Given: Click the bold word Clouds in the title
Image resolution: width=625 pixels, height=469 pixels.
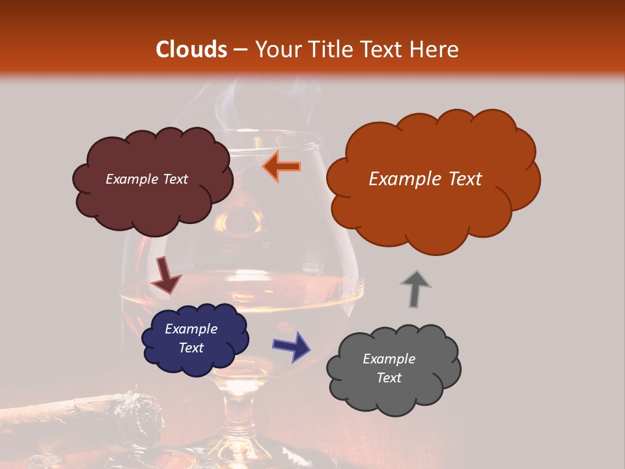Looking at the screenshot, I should [191, 50].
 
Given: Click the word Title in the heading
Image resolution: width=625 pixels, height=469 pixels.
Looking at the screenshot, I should [328, 50].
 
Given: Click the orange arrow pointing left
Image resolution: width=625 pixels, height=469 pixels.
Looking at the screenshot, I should [281, 166].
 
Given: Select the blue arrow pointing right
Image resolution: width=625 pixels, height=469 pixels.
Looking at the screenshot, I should [292, 346].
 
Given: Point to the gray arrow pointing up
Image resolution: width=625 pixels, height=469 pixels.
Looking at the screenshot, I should [415, 289].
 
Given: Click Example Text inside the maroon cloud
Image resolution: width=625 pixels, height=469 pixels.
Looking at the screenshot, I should [146, 179].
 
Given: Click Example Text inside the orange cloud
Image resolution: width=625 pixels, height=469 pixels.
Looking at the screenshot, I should [425, 179].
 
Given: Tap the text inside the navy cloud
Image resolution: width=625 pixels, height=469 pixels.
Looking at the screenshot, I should [191, 338].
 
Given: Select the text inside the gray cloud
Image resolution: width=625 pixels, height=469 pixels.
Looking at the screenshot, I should [389, 368].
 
